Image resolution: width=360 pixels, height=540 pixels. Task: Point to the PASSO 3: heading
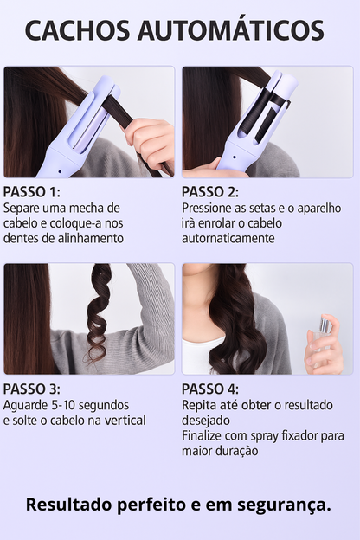(32, 389)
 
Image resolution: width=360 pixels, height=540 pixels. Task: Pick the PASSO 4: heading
(210, 389)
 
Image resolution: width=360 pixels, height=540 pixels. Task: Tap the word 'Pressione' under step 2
(209, 209)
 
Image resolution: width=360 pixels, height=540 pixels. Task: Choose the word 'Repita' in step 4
(198, 405)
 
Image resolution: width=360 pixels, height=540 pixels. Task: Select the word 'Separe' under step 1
(22, 209)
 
